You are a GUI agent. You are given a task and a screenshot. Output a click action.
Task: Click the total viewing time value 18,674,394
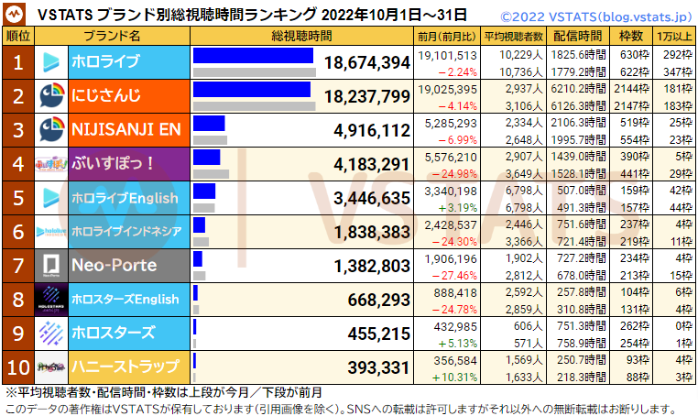365,63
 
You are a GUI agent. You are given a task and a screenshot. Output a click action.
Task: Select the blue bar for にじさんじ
252,90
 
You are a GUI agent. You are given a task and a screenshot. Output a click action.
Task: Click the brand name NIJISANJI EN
126,129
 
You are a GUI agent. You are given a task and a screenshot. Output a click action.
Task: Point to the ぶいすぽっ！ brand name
113,164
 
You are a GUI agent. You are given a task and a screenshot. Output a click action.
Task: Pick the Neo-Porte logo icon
51,266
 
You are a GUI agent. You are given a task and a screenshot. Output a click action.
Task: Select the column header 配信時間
579,36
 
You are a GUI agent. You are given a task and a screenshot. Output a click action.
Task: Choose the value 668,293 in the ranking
378,300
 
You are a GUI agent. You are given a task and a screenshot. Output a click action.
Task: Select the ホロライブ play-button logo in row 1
51,62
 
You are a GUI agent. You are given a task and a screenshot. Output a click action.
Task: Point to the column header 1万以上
674,36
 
